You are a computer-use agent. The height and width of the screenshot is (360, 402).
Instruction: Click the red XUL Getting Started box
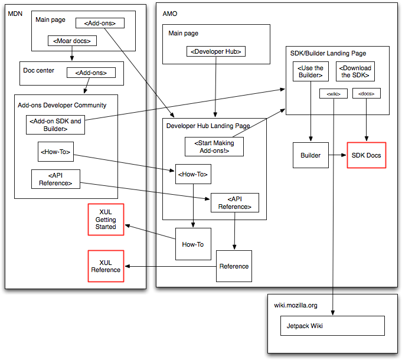(x=106, y=220)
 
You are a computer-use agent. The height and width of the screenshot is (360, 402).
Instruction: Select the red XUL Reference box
(x=106, y=266)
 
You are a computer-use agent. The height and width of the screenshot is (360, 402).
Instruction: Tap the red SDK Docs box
(x=366, y=155)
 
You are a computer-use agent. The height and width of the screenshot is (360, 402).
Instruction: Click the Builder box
(x=311, y=155)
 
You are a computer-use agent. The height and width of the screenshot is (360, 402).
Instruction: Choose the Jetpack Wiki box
(x=332, y=326)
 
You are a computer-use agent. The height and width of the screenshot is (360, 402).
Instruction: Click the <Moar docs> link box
(x=71, y=41)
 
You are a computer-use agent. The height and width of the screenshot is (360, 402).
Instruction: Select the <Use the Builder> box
(x=310, y=71)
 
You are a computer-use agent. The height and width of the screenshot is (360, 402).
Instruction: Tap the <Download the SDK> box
(x=355, y=71)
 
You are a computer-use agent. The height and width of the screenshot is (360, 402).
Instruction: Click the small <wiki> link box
(x=333, y=93)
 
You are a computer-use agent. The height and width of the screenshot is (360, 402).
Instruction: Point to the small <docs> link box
(x=367, y=93)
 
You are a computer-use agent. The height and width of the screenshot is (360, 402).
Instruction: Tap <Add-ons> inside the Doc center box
(x=91, y=73)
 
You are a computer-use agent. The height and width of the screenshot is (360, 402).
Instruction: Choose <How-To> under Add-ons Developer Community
(x=55, y=152)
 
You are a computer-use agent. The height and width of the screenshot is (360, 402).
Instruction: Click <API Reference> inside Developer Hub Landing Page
(x=234, y=202)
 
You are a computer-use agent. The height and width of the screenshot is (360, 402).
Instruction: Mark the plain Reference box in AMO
(x=234, y=266)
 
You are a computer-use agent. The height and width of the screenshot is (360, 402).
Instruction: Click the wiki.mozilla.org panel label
(x=296, y=305)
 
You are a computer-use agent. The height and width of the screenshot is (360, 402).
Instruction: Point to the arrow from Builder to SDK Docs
(x=338, y=155)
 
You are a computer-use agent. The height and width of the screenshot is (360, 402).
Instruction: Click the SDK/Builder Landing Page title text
(x=328, y=53)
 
